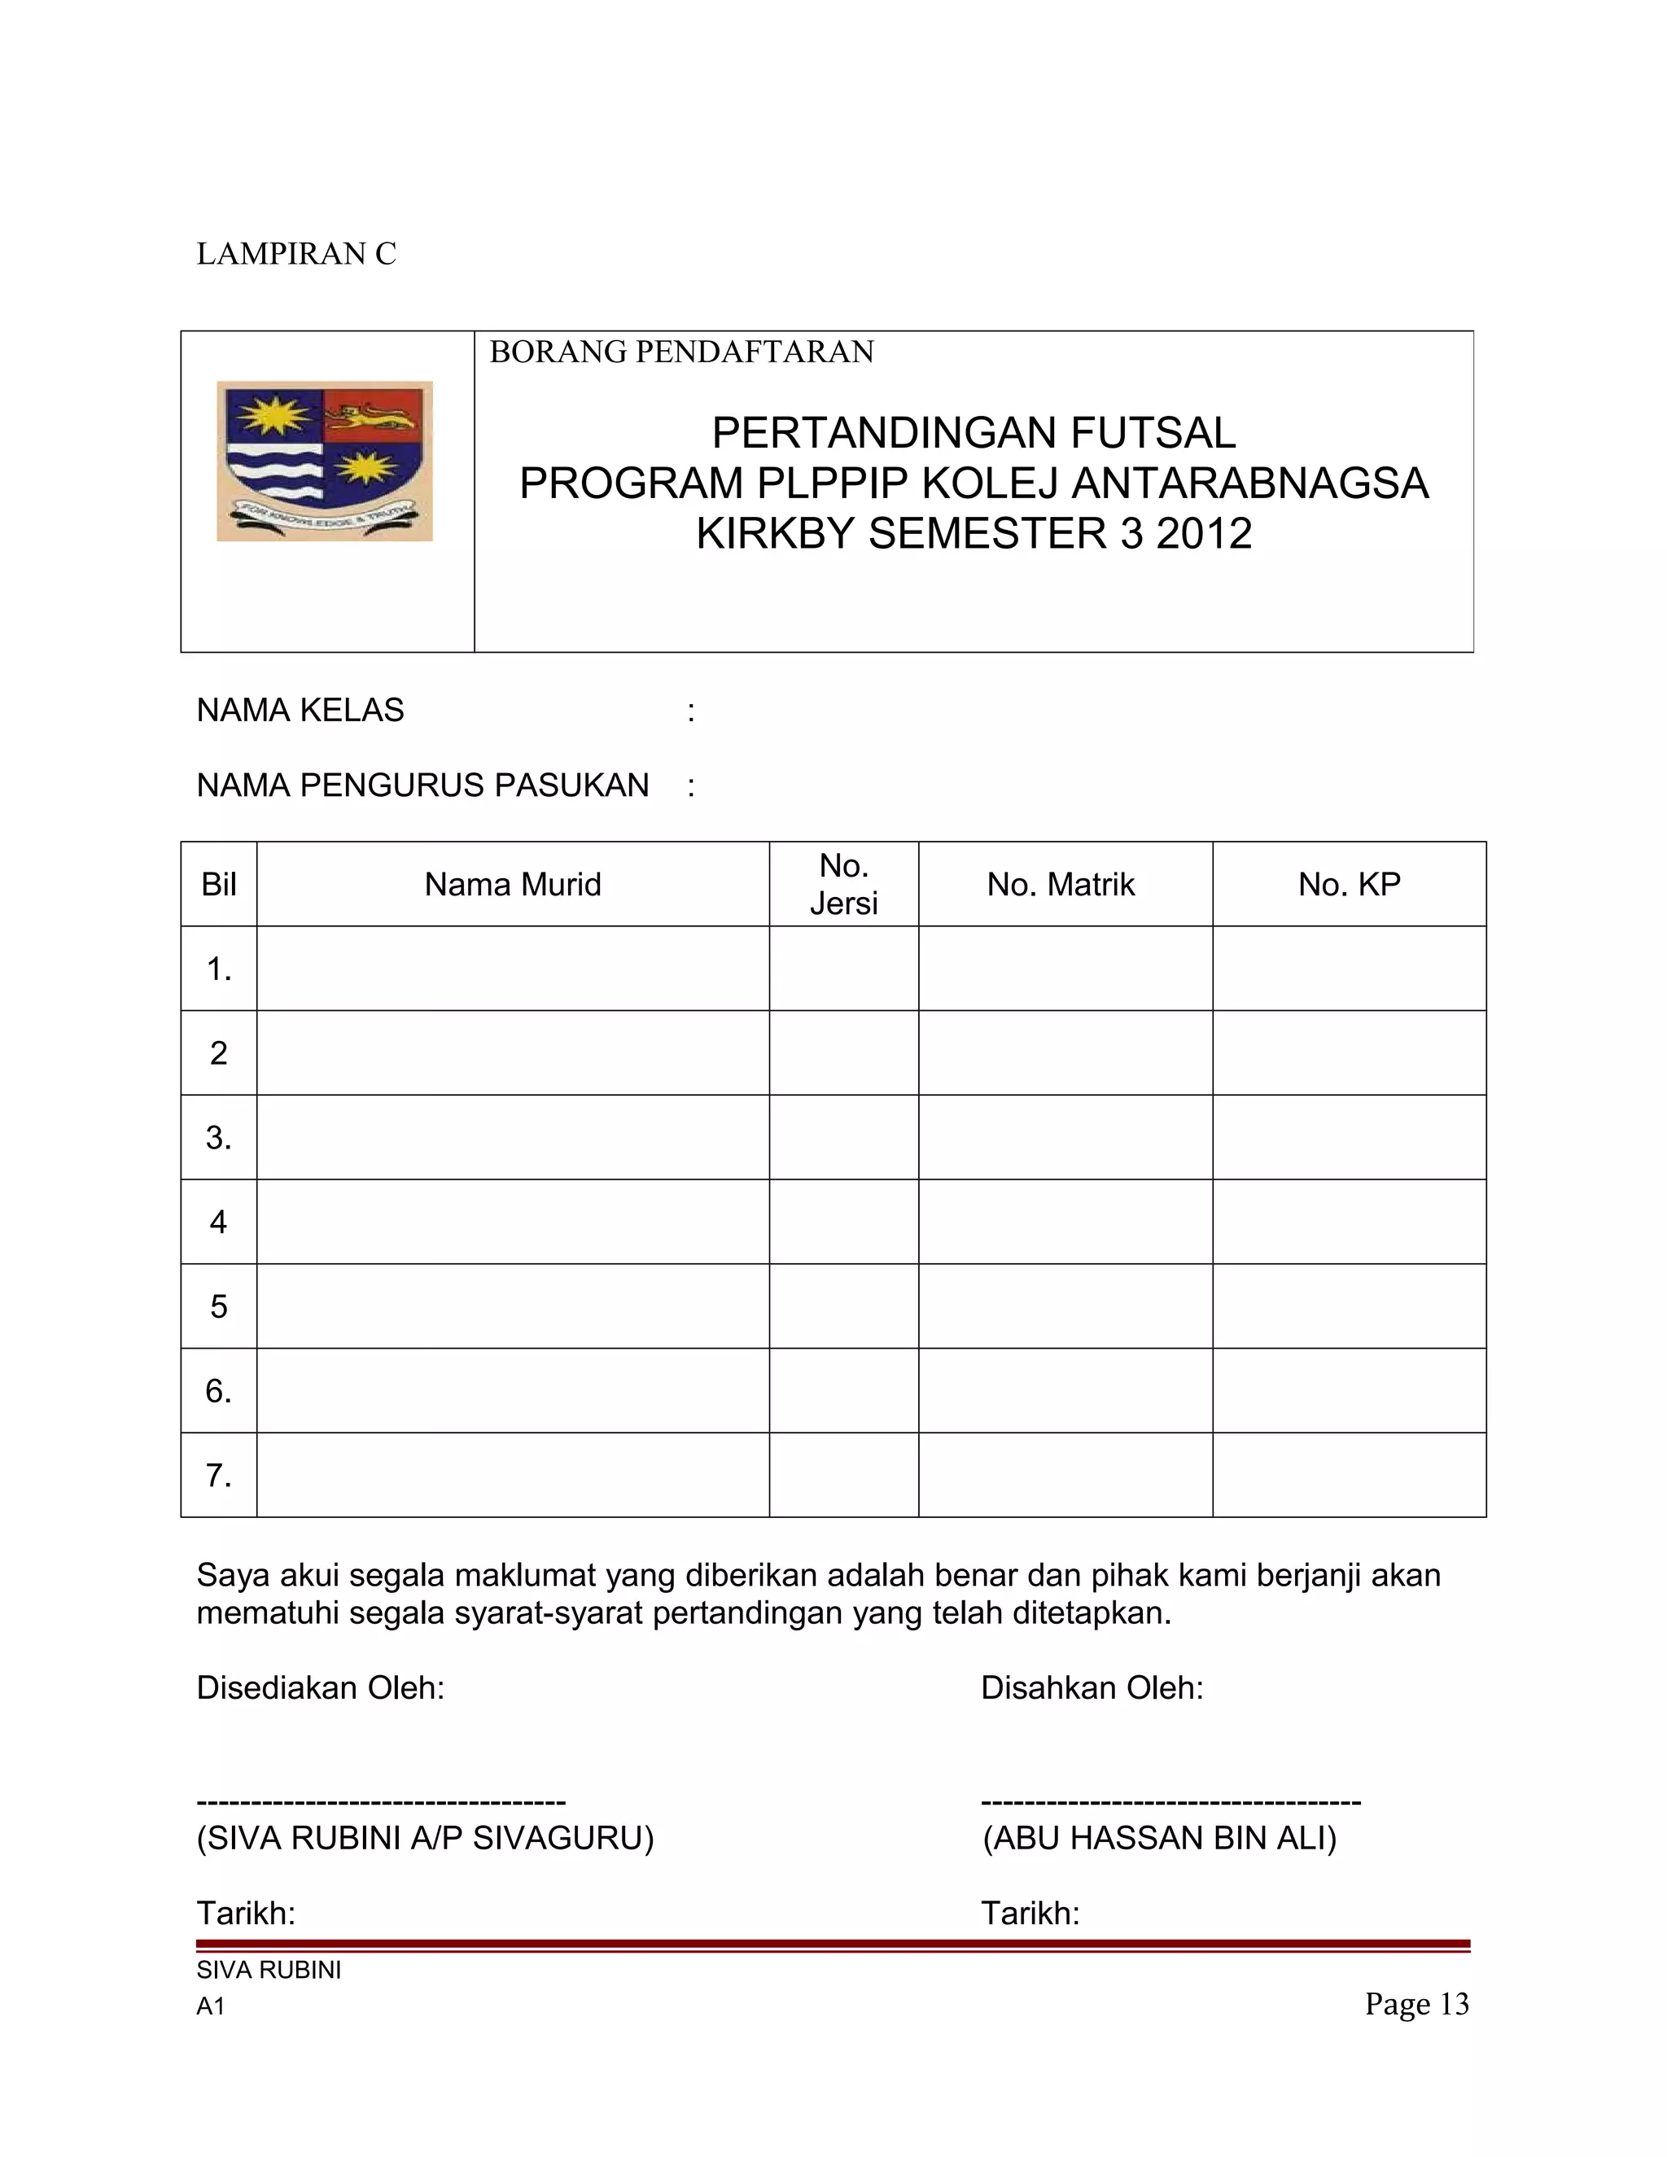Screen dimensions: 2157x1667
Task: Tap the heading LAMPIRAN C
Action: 296,254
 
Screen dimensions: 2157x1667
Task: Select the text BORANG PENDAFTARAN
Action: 681,352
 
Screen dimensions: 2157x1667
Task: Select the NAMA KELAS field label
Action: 300,710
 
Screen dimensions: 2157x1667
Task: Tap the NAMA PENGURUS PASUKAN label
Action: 422,785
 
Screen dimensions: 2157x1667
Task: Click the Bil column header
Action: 218,885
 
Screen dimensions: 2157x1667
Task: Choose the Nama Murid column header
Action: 513,885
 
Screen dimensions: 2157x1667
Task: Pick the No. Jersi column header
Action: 843,885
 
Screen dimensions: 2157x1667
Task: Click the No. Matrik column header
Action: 1061,885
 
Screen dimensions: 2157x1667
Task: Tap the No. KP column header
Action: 1349,885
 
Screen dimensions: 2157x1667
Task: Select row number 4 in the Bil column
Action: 218,1223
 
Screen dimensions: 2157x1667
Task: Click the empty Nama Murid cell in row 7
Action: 513,1476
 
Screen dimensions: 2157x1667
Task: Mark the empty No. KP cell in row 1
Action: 1349,969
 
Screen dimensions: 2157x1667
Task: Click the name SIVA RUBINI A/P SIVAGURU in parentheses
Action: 426,1838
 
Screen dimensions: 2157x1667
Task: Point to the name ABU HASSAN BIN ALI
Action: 1159,1838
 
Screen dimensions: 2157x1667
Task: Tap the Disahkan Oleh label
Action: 1092,1688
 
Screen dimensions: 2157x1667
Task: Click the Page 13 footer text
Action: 1417,2004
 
